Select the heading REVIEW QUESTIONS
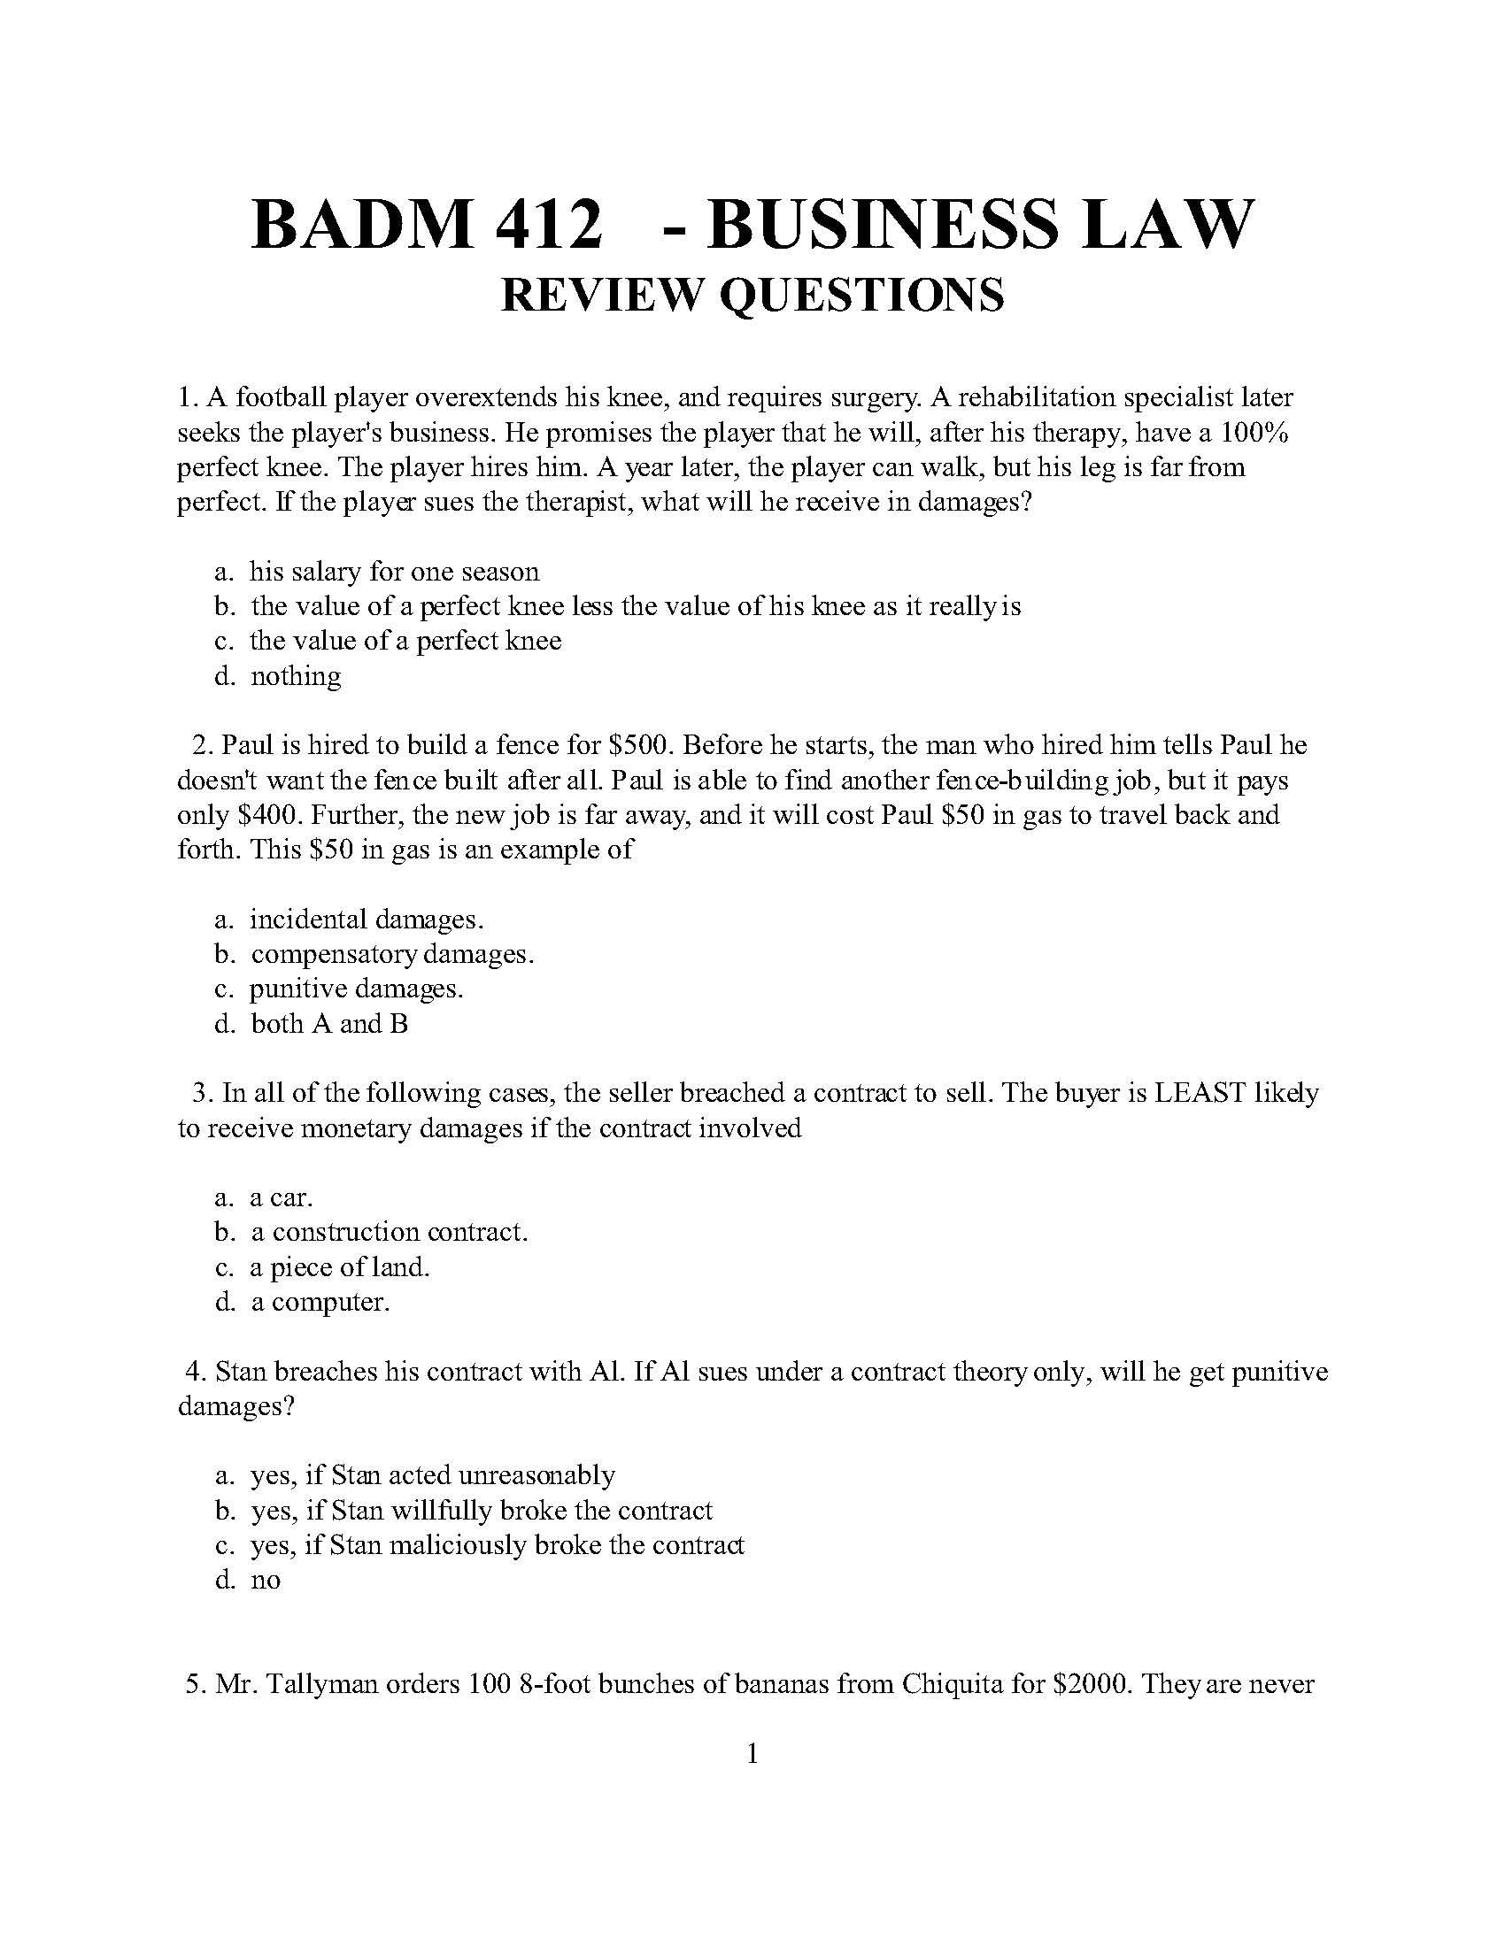coord(752,295)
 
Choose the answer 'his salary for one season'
coord(394,572)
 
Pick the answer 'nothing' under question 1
coord(295,677)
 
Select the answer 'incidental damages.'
coord(367,920)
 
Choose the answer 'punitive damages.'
coord(356,989)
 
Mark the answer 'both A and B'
coord(329,1024)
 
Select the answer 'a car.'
coord(281,1197)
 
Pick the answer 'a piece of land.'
coord(340,1266)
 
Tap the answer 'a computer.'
coord(320,1303)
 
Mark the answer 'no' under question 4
coord(266,1581)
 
